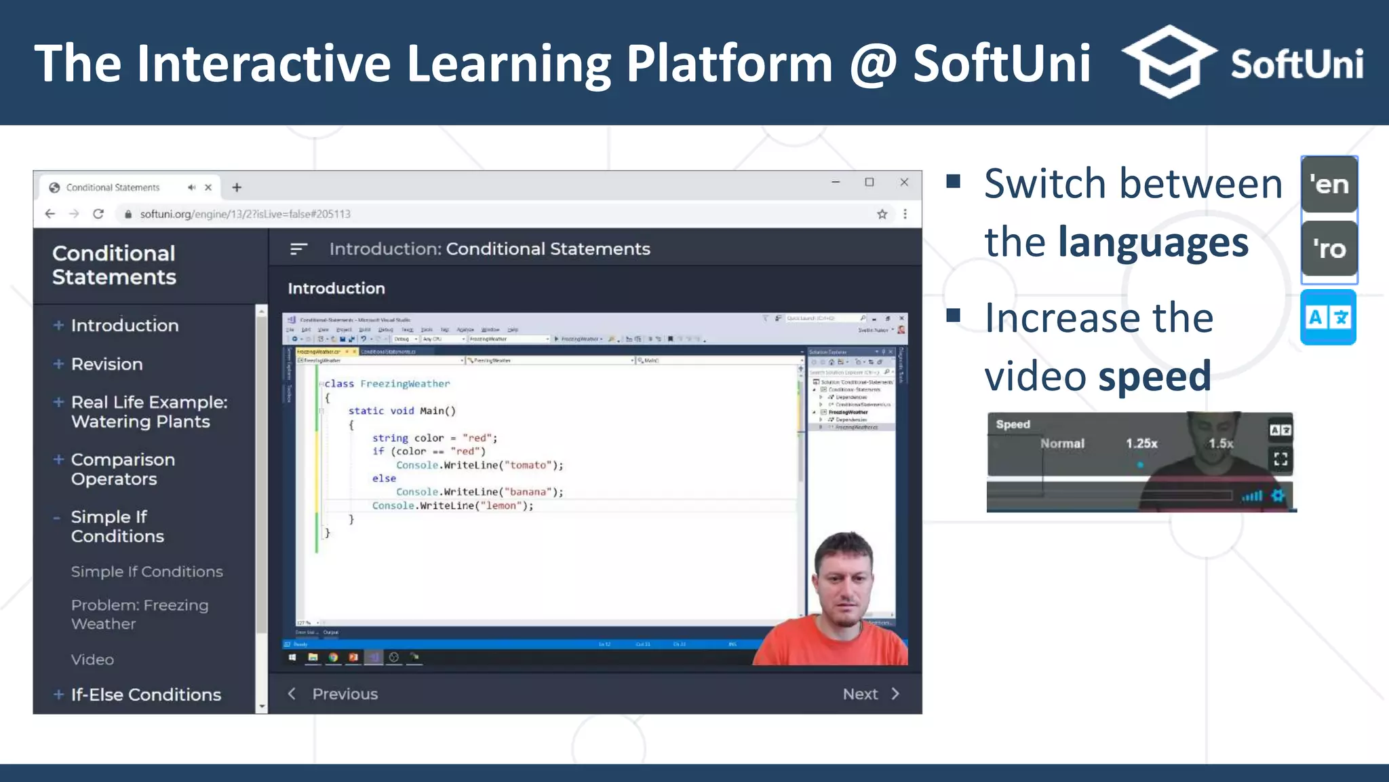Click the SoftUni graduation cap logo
[x=1168, y=62]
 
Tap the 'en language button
[x=1329, y=185]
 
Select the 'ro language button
[x=1329, y=249]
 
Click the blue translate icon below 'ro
[x=1328, y=317]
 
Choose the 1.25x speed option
[x=1141, y=444]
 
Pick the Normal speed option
[x=1062, y=444]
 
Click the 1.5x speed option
[x=1221, y=444]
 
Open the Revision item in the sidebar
[x=106, y=365]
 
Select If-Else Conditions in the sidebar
[x=146, y=695]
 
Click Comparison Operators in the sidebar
[x=123, y=469]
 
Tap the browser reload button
[x=98, y=214]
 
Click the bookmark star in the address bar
[x=882, y=215]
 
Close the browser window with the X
[x=904, y=183]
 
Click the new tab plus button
[x=237, y=187]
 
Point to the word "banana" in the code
[x=528, y=492]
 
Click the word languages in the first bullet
[x=1153, y=242]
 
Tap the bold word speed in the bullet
[x=1154, y=376]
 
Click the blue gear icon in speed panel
[x=1278, y=496]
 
